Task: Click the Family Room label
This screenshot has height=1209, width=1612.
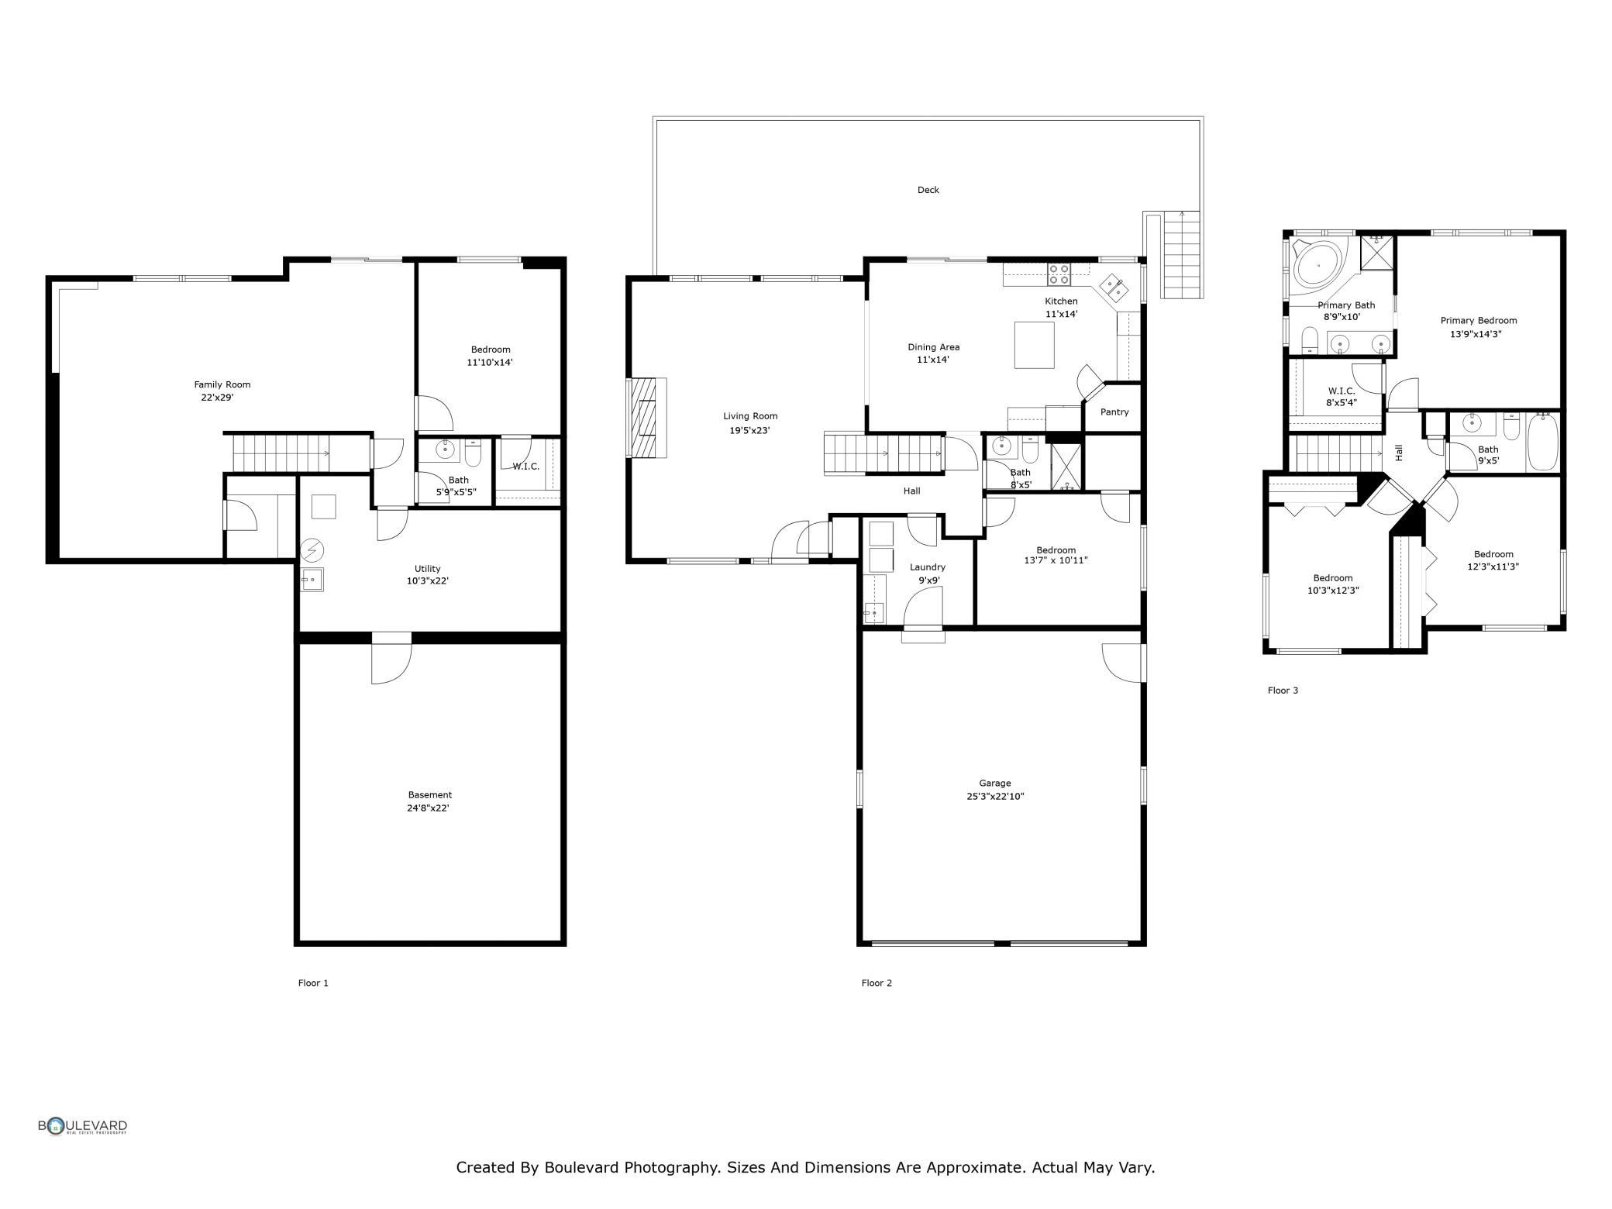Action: pos(222,384)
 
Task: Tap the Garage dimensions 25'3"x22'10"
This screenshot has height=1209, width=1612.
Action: pos(995,796)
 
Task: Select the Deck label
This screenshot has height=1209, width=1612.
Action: pos(928,190)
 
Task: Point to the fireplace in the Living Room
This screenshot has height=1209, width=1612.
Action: pos(647,418)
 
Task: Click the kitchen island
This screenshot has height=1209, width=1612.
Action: pos(1035,345)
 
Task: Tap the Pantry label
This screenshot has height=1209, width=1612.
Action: pos(1114,412)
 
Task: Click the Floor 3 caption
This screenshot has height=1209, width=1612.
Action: pos(1283,691)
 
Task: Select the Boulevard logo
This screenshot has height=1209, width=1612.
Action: pos(83,1126)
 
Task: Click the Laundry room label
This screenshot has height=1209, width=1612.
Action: pos(928,567)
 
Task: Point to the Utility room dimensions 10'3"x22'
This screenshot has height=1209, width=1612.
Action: pos(428,581)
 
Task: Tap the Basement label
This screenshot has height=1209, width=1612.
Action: pos(430,795)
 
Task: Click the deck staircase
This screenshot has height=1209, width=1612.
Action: pos(1181,255)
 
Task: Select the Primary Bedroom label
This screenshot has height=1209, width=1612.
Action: pos(1479,321)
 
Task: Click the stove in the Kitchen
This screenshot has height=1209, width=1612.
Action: pos(1059,274)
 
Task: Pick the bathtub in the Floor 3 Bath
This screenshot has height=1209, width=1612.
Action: pos(1542,442)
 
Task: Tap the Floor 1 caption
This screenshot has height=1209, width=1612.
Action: pos(313,983)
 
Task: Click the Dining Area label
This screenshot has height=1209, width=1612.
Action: pos(934,347)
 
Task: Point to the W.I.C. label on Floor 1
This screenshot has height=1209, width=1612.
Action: pos(525,467)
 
